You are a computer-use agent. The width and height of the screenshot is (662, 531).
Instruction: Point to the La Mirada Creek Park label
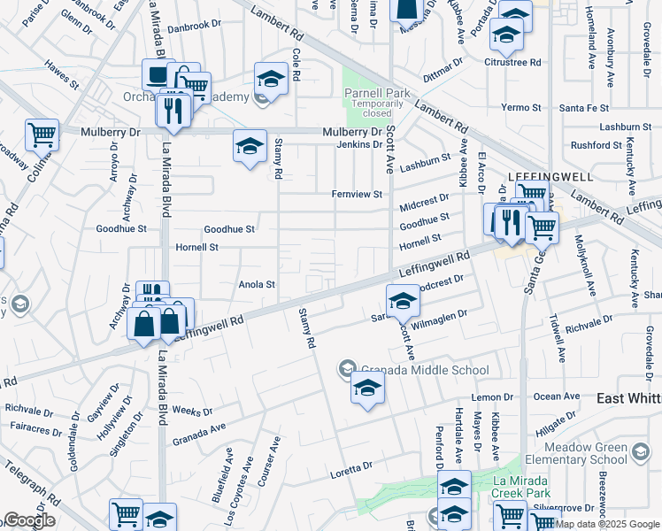point(520,487)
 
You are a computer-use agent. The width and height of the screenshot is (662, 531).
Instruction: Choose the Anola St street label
point(258,285)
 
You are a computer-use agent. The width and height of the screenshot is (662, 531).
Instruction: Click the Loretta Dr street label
point(354,466)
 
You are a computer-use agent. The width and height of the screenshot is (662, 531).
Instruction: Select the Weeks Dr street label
point(192,412)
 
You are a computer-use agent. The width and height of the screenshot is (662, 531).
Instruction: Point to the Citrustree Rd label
point(512,62)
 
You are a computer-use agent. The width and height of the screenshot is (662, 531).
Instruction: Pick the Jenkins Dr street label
point(358,143)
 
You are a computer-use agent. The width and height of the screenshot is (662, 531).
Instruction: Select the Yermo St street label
point(521,108)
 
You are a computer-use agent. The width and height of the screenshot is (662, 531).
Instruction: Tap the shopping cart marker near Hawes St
point(42,135)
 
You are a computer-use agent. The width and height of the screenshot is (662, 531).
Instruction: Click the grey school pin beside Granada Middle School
point(348,368)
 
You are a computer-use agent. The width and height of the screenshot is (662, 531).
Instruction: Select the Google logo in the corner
point(29,520)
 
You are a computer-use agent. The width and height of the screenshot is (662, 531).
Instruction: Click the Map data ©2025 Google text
point(606,524)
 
